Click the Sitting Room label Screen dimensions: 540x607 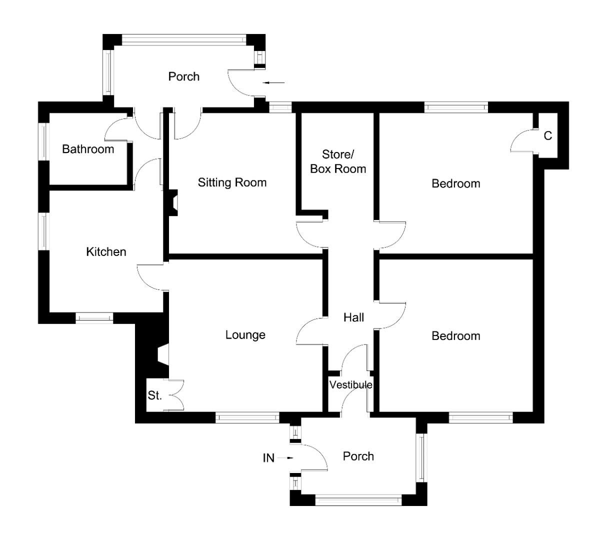232,182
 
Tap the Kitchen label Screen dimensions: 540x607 106,251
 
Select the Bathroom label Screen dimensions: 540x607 88,149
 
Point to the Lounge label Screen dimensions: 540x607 245,335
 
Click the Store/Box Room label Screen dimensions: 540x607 338,161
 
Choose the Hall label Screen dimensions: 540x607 353,317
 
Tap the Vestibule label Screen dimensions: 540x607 350,385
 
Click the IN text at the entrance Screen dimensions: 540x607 269,458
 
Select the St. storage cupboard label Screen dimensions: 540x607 155,396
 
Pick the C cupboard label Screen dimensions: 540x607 548,136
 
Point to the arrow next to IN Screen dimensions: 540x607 287,457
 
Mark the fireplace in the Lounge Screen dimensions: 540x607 162,354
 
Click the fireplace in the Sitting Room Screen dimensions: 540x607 173,203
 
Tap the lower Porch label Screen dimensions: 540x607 358,456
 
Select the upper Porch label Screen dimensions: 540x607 183,76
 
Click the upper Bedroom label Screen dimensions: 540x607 456,183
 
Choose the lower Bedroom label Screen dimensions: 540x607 456,336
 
